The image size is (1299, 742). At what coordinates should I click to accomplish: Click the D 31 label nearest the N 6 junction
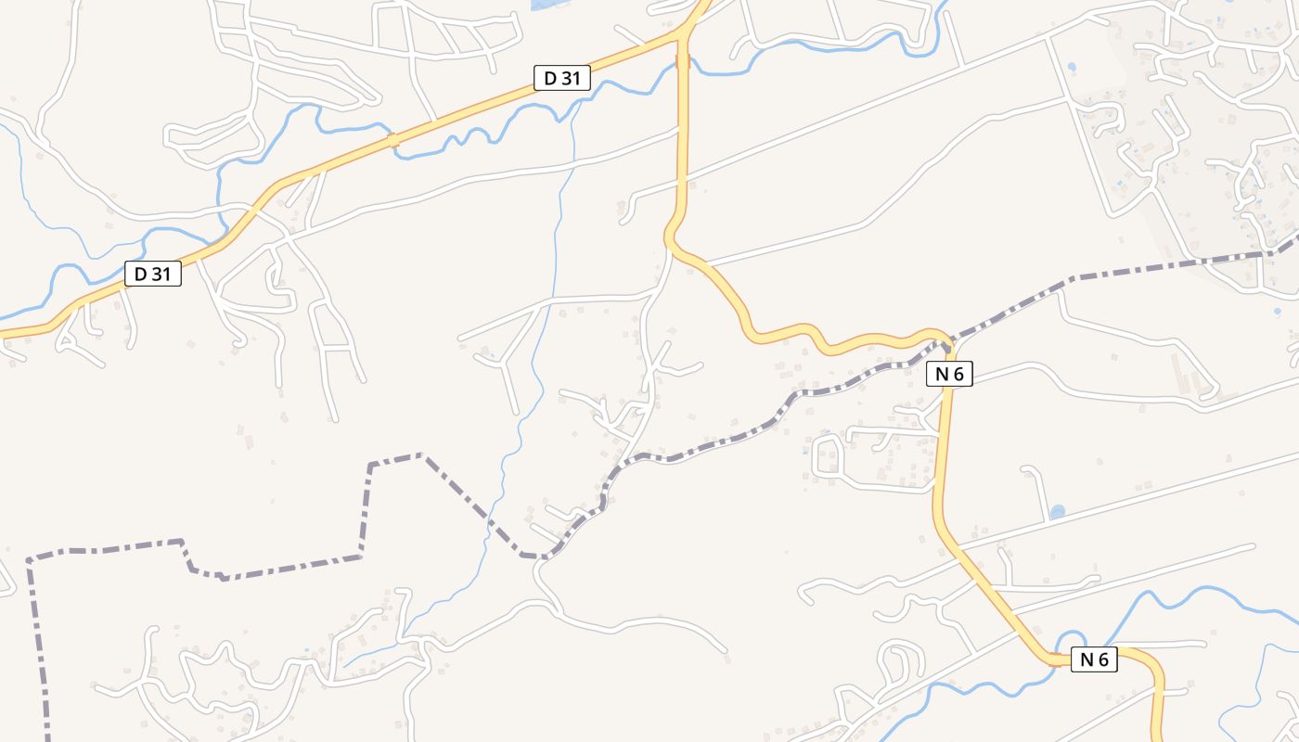(x=561, y=78)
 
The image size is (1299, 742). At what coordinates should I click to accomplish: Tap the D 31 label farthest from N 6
(x=152, y=274)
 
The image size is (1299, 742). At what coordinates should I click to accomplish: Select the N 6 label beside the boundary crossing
(x=948, y=374)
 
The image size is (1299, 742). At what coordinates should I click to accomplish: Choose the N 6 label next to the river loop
(x=1094, y=659)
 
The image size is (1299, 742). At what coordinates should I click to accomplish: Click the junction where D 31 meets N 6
(x=684, y=33)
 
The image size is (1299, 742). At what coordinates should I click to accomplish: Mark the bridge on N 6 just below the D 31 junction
(x=684, y=61)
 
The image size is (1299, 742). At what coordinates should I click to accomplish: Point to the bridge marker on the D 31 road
(x=393, y=141)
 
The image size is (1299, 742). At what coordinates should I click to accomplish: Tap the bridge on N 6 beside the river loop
(x=1056, y=659)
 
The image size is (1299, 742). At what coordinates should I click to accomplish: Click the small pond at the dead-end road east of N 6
(x=1057, y=512)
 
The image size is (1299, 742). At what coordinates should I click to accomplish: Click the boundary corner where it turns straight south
(x=30, y=561)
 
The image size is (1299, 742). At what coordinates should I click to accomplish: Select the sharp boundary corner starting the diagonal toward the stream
(x=423, y=455)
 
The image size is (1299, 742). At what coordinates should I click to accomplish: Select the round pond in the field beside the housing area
(x=1073, y=68)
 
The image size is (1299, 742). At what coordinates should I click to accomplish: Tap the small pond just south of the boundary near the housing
(x=1277, y=312)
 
